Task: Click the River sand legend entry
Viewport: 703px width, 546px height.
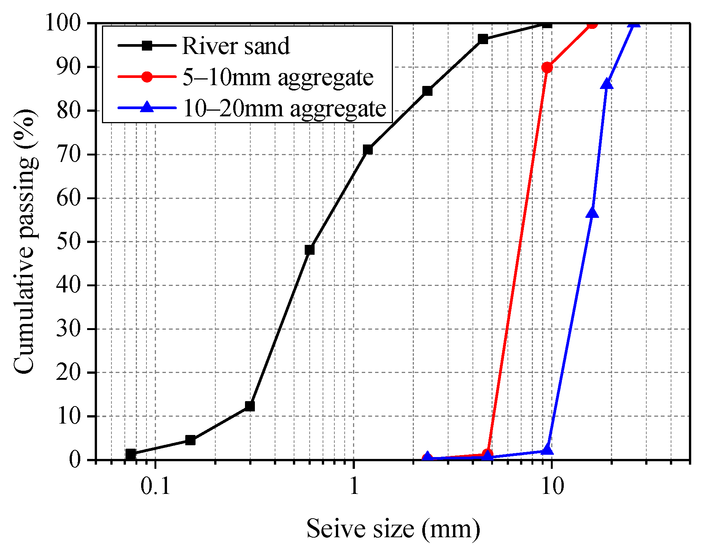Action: (x=235, y=46)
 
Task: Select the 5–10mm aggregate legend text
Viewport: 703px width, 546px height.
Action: (x=278, y=77)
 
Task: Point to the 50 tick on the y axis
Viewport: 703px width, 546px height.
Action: (x=69, y=242)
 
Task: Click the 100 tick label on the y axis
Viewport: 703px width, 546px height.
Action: (x=63, y=23)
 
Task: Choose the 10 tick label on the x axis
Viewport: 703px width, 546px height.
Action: (x=552, y=487)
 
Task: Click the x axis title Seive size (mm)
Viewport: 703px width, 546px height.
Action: (x=393, y=529)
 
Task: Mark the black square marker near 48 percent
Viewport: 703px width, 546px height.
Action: (x=310, y=250)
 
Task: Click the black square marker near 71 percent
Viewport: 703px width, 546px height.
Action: (x=367, y=149)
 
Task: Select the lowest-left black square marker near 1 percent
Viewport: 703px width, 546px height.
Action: (x=130, y=454)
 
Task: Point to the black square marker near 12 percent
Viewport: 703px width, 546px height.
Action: (x=250, y=406)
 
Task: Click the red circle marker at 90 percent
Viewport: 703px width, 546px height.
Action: (x=547, y=68)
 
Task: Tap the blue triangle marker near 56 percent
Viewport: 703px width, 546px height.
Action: (x=592, y=213)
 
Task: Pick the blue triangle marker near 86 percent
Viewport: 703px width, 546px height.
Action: (x=607, y=84)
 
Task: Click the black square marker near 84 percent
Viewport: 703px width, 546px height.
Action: (x=427, y=91)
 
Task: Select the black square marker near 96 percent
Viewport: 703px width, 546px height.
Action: (x=483, y=39)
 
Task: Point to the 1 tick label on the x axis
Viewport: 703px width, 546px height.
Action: (x=354, y=487)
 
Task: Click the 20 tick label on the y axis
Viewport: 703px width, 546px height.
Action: (x=69, y=373)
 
